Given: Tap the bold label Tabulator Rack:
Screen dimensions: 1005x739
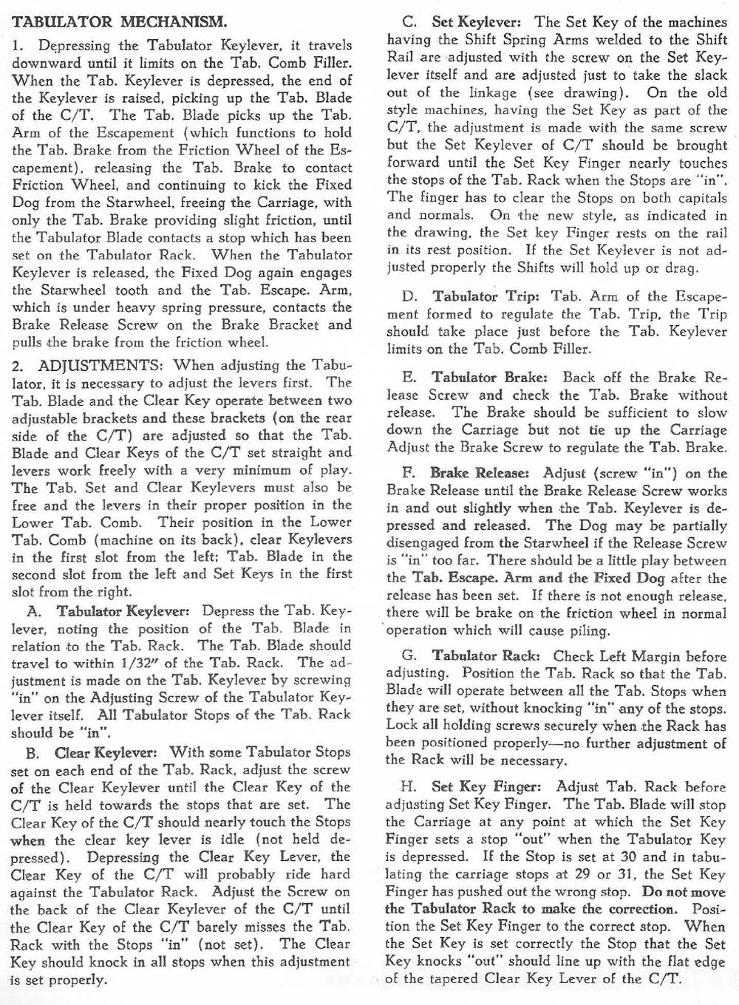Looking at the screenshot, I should (x=488, y=655).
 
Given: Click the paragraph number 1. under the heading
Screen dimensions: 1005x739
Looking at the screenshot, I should (x=18, y=46).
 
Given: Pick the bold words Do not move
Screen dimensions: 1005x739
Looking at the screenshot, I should (x=685, y=892).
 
